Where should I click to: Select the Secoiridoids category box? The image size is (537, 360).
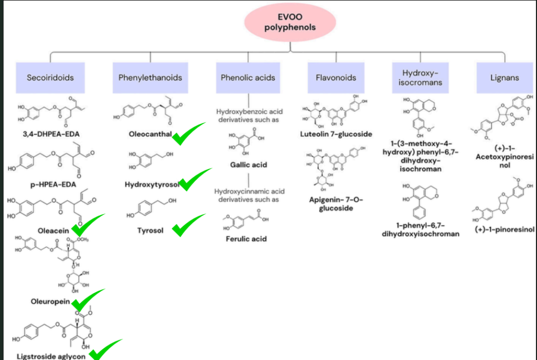point(50,78)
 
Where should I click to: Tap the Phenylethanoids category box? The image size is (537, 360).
point(150,78)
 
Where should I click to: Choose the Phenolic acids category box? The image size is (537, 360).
point(248,78)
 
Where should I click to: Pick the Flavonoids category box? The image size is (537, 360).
point(336,78)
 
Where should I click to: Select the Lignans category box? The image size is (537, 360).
point(504,78)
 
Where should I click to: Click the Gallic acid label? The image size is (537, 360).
point(249,165)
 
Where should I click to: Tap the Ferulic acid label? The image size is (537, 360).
point(246,239)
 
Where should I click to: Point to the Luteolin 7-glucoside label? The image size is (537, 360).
point(336,134)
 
